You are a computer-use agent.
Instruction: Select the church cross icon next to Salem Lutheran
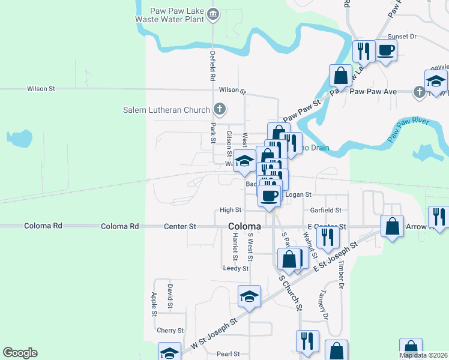point(220,109)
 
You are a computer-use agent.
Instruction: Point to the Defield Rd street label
point(212,66)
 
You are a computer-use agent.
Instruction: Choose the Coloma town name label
point(244,226)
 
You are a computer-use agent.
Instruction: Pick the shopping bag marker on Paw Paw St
point(340,76)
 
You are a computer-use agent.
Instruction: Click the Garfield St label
point(326,211)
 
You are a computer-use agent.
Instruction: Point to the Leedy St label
point(235,268)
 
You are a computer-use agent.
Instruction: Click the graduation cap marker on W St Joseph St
point(249,296)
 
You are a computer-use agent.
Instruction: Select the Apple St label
point(154,304)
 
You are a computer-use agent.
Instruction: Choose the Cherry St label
point(170,331)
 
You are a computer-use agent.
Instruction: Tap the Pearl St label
point(228,354)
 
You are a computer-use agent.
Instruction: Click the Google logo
point(20,353)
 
